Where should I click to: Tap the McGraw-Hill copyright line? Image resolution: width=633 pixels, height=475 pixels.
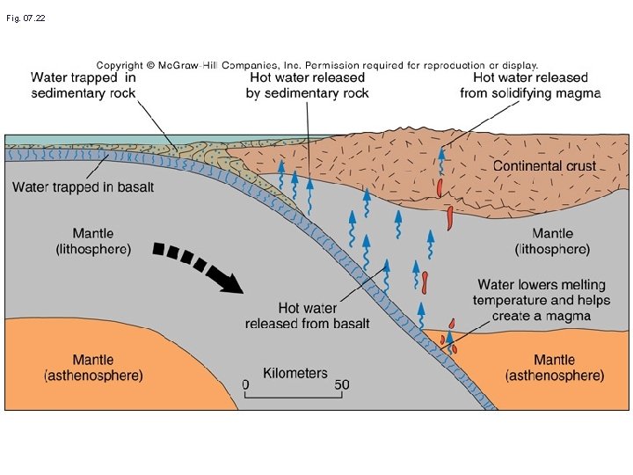pyautogui.click(x=316, y=65)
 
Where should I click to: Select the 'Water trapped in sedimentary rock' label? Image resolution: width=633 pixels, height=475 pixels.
pyautogui.click(x=84, y=85)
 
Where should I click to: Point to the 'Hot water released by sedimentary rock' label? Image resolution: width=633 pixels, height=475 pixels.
pyautogui.click(x=307, y=85)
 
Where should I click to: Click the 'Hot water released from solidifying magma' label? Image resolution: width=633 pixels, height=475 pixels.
pyautogui.click(x=530, y=85)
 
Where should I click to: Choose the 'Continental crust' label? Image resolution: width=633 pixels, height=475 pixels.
pyautogui.click(x=544, y=165)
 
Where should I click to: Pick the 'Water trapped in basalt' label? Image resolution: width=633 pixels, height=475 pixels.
pyautogui.click(x=83, y=186)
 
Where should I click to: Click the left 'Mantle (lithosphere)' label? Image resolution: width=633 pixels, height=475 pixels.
pyautogui.click(x=93, y=241)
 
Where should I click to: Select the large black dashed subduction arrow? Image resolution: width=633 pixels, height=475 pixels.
pyautogui.click(x=198, y=267)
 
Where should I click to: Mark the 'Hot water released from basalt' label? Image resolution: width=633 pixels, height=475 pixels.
pyautogui.click(x=307, y=316)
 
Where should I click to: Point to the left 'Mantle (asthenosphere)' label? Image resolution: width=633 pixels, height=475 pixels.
pyautogui.click(x=93, y=368)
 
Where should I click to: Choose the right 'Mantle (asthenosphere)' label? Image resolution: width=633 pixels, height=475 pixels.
pyautogui.click(x=555, y=368)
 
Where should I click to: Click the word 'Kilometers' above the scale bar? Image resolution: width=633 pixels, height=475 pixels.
pyautogui.click(x=295, y=373)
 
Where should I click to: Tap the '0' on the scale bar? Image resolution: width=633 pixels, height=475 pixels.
pyautogui.click(x=245, y=385)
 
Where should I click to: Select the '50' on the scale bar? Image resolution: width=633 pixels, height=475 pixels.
pyautogui.click(x=342, y=385)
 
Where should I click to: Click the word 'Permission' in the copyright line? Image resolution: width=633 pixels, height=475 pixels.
pyautogui.click(x=332, y=65)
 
